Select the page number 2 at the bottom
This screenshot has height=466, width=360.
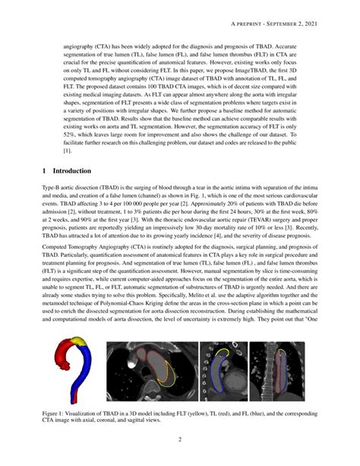coord(180,439)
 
